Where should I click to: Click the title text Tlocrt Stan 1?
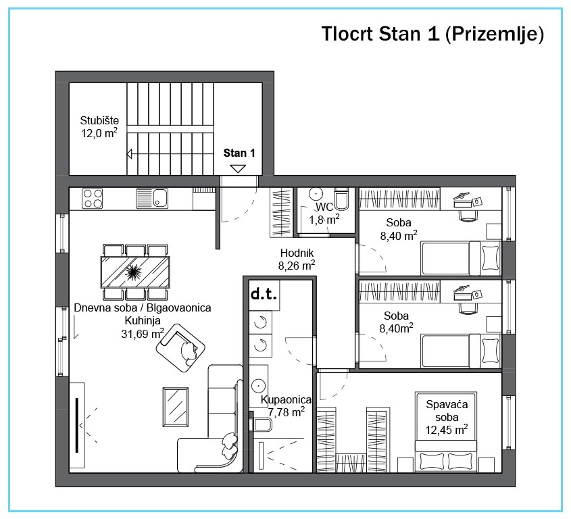[x=380, y=34]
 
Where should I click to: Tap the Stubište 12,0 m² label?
[x=99, y=127]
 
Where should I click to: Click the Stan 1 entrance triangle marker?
[x=238, y=169]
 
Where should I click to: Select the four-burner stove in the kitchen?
[x=92, y=199]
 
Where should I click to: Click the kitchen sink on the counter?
[x=152, y=199]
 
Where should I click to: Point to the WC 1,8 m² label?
[x=324, y=214]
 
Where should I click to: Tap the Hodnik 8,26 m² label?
[x=297, y=259]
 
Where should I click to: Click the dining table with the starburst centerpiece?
[x=135, y=272]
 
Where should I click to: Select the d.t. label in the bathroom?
[x=264, y=293]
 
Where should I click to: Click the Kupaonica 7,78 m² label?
[x=287, y=406]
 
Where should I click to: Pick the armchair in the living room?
[x=180, y=348]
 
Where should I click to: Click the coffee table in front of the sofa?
[x=176, y=407]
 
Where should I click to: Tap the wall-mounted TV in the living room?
[x=77, y=425]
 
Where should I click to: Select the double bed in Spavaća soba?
[x=446, y=432]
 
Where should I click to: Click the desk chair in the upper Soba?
[x=468, y=215]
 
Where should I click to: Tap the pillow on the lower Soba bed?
[x=490, y=350]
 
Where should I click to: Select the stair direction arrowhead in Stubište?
[x=129, y=154]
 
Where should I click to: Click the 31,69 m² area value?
[x=143, y=334]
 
